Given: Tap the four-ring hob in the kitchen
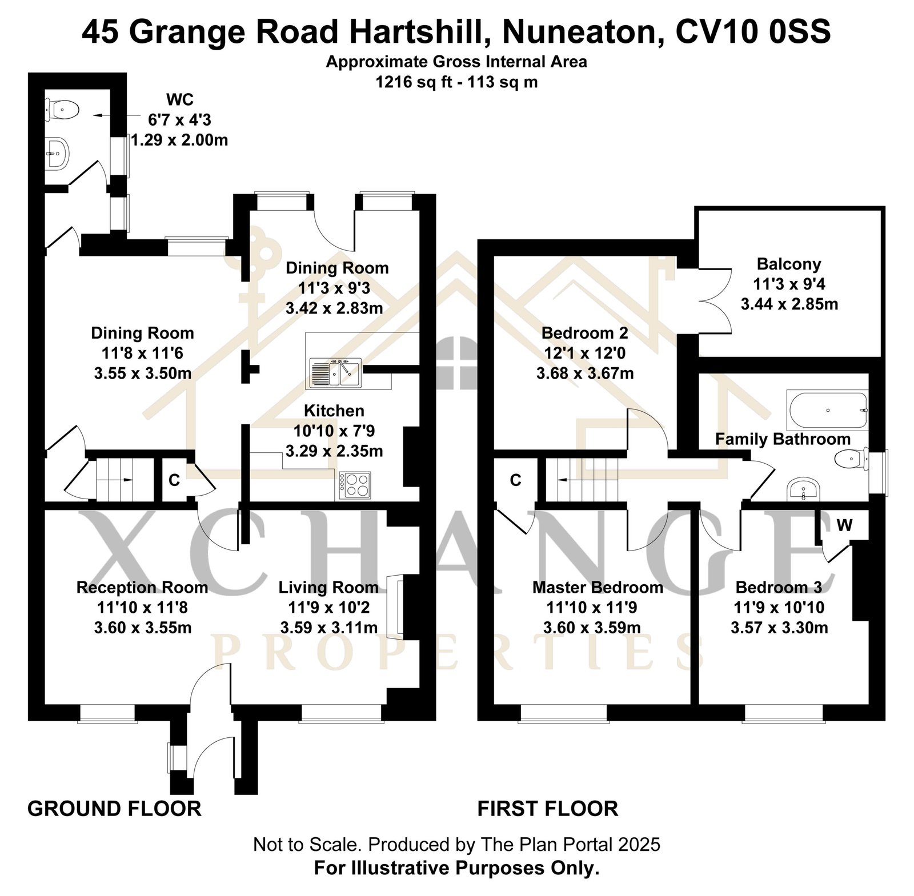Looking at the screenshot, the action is tap(355, 485).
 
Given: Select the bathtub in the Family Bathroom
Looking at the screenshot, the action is tap(827, 410).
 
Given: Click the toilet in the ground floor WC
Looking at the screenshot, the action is tap(61, 109).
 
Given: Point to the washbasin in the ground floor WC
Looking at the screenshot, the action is tap(57, 152).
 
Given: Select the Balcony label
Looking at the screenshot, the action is tap(789, 264).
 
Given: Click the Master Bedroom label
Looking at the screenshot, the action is tap(598, 587).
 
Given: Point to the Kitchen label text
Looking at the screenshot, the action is tap(334, 411).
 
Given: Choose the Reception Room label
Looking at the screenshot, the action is tap(142, 587).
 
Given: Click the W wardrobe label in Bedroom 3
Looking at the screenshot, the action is tap(844, 525).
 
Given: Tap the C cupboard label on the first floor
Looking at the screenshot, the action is tap(515, 480).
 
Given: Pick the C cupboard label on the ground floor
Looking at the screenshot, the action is tap(174, 480).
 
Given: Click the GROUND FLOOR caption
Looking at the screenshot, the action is tap(114, 809).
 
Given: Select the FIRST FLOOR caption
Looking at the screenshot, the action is tap(548, 809).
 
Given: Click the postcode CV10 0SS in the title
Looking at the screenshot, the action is tap(753, 32).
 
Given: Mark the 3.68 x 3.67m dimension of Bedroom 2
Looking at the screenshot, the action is tap(585, 373).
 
